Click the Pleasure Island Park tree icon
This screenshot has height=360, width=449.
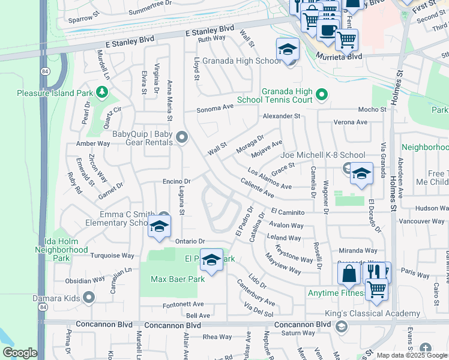pyautogui.click(x=102, y=92)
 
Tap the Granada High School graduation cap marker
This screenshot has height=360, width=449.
pyautogui.click(x=288, y=50)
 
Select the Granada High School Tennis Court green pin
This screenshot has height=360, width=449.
pyautogui.click(x=321, y=94)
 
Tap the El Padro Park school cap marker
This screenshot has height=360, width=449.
pyautogui.click(x=211, y=260)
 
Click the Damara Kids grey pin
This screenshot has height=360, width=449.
pyautogui.click(x=89, y=297)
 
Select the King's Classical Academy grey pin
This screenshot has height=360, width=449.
pyautogui.click(x=342, y=326)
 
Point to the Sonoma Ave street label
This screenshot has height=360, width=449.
pyautogui.click(x=216, y=110)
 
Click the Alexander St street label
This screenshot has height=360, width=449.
pyautogui.click(x=281, y=116)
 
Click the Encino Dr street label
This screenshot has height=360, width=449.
pyautogui.click(x=176, y=181)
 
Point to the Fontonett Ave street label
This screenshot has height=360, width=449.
pyautogui.click(x=184, y=305)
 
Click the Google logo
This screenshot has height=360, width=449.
pyautogui.click(x=20, y=353)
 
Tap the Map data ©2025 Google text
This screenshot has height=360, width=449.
pyautogui.click(x=411, y=355)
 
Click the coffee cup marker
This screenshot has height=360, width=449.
pyautogui.click(x=328, y=30)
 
